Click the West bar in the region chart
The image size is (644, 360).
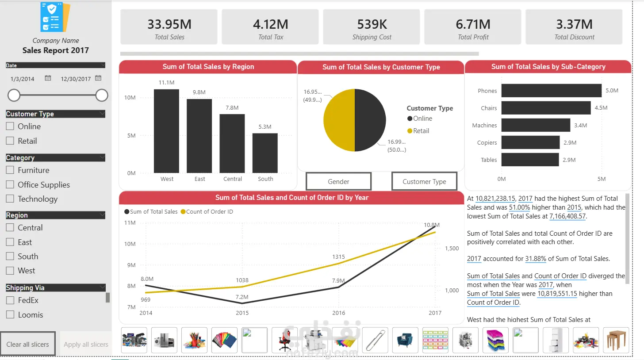coord(166,131)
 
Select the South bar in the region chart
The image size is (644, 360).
coord(265,153)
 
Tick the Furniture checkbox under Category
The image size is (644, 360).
coord(10,170)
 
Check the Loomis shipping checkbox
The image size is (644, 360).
coord(10,314)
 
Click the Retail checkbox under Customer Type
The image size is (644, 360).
coord(10,141)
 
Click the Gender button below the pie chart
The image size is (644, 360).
coord(339,181)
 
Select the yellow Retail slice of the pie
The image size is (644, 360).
coord(339,120)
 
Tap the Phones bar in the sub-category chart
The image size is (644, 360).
coord(552,91)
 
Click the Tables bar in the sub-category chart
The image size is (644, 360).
coord(530,160)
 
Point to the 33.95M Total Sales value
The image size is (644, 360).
coord(169,24)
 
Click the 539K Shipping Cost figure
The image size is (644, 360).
coord(372,24)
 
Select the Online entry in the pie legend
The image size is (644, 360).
coord(420,119)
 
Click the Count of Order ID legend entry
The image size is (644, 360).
coord(207,212)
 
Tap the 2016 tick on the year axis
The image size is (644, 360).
coord(339,313)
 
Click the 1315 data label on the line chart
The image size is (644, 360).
coord(338,257)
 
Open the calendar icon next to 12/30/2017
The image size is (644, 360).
coord(98,78)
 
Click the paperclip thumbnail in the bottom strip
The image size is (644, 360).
coord(375,340)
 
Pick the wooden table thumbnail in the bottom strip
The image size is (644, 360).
coord(616,340)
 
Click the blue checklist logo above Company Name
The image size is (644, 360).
coord(55,17)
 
